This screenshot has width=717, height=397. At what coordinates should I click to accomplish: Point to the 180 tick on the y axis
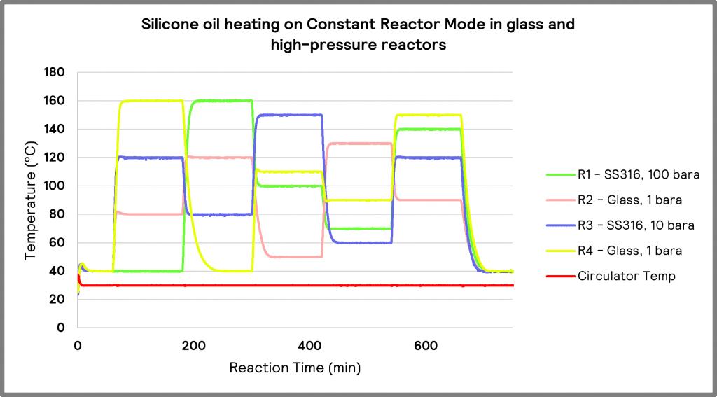55,73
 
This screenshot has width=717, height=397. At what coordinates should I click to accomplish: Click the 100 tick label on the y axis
55,186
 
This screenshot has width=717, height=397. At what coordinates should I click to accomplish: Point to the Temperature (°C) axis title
30,200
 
